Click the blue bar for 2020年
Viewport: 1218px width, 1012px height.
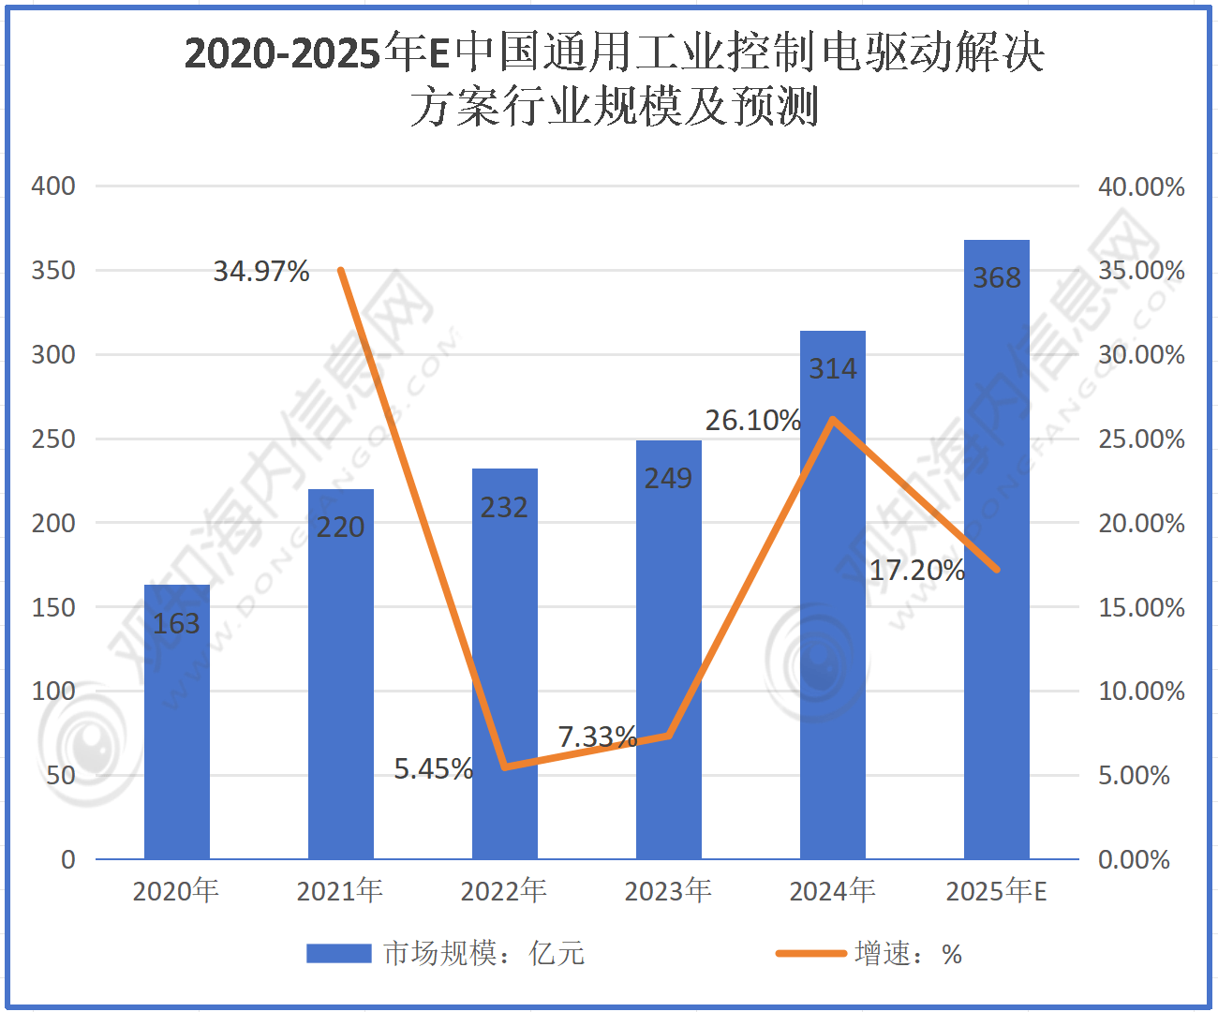(177, 722)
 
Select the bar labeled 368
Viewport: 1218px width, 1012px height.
(996, 549)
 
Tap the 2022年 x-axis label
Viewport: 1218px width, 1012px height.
(503, 891)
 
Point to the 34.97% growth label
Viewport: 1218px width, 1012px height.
(261, 271)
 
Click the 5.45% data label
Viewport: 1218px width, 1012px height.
(434, 768)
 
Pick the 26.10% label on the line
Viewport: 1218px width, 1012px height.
(753, 421)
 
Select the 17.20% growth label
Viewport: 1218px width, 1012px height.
(917, 570)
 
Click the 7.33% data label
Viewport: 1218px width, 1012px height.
(598, 737)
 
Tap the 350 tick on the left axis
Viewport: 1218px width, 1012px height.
(53, 271)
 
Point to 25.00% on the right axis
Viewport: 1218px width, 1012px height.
(1141, 439)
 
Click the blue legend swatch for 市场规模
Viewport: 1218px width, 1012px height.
(339, 954)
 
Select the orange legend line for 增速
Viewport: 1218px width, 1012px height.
(810, 954)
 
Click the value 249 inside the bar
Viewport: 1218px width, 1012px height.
(669, 478)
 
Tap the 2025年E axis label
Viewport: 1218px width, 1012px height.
(996, 891)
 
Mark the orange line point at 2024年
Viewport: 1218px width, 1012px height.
(833, 419)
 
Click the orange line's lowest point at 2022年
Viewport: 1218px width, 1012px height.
(506, 766)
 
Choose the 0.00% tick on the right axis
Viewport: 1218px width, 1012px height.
(1134, 860)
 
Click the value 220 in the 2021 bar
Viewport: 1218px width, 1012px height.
(341, 528)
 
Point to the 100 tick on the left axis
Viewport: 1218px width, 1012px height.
(53, 692)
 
